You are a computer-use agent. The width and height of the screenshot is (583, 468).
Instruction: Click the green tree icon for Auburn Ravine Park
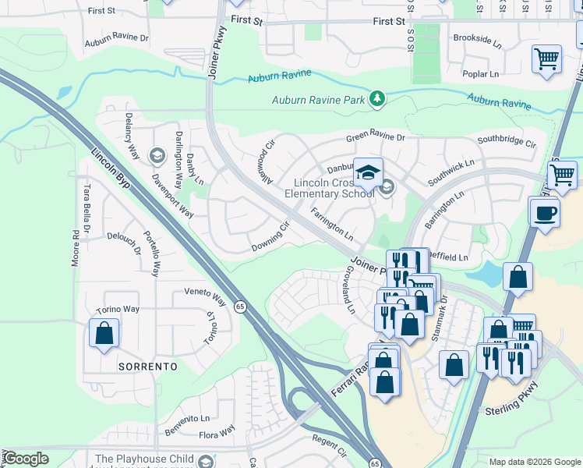377,98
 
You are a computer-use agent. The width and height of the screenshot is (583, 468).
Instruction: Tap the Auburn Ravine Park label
319,100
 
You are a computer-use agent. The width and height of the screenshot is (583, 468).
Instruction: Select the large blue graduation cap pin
368,172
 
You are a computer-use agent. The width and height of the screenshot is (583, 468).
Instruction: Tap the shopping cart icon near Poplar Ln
547,58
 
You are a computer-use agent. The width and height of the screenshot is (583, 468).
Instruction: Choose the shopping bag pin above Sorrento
104,334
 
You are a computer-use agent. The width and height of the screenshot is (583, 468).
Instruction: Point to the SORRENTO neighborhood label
147,366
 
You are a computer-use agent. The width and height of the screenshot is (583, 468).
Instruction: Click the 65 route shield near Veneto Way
241,307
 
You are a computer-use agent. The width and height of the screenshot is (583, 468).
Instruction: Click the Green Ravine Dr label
376,138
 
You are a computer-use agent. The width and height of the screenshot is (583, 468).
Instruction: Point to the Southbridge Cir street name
507,144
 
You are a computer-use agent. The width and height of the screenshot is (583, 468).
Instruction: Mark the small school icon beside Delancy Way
157,156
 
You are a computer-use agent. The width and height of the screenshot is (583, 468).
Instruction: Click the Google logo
25,459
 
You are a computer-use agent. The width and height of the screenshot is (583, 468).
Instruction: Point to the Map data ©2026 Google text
534,462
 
